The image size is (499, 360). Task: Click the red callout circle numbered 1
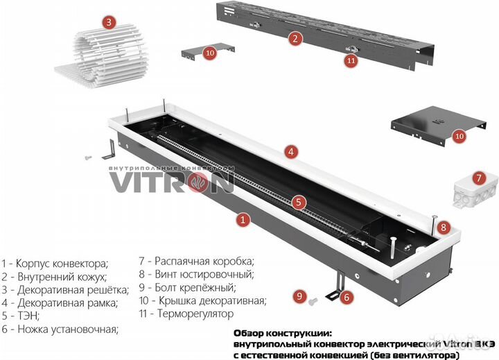tap(243, 220)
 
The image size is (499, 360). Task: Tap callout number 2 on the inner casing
tap(295, 39)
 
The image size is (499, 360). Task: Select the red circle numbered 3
tap(107, 22)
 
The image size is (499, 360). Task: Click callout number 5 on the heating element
tap(297, 203)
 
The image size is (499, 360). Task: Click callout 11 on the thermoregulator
tap(351, 60)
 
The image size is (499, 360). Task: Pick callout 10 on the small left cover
tap(209, 52)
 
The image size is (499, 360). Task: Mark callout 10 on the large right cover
tap(459, 135)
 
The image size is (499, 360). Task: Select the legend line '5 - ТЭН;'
tap(20, 316)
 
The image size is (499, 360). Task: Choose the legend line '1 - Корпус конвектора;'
tap(55, 264)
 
